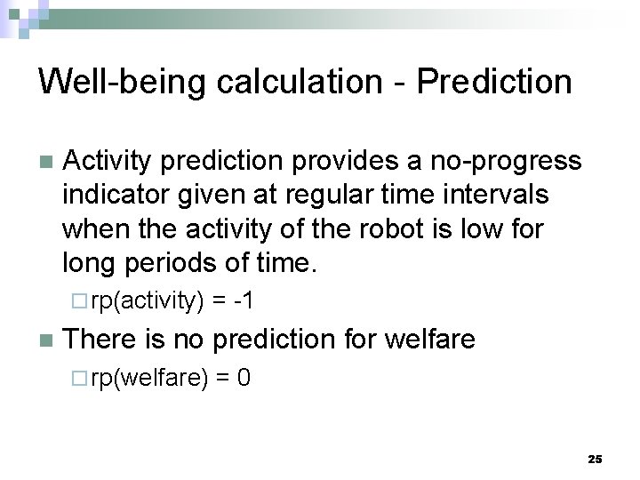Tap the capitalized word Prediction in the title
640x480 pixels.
point(494,82)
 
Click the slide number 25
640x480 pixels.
point(595,459)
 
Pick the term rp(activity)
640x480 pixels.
point(148,302)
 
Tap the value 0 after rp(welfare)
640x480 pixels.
point(244,379)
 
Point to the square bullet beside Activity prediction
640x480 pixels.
point(45,163)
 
